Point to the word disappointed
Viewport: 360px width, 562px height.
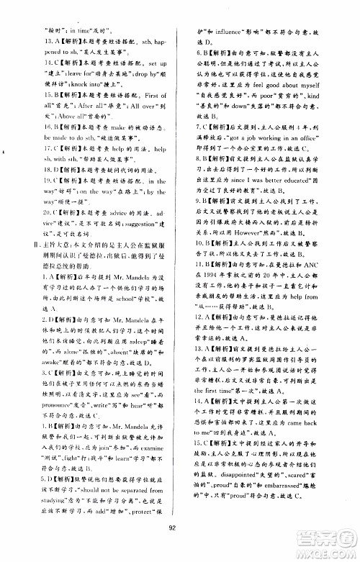[231, 494]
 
